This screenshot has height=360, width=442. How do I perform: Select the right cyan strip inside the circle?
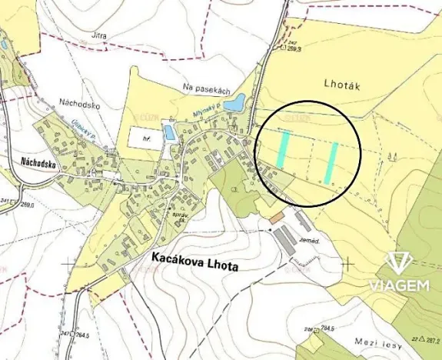(x=332, y=162)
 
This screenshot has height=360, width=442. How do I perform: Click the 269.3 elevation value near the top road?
(x=294, y=48)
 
